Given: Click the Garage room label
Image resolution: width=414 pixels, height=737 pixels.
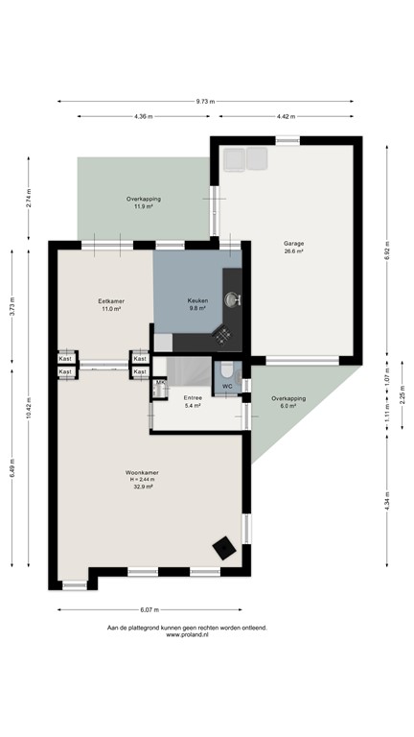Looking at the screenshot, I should pyautogui.click(x=293, y=248).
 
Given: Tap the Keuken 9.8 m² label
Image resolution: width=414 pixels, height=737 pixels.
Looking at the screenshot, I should pyautogui.click(x=198, y=304).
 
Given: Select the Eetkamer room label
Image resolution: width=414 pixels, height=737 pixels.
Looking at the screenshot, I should pyautogui.click(x=111, y=305).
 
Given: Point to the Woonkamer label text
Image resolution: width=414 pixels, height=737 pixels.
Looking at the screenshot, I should pyautogui.click(x=142, y=472).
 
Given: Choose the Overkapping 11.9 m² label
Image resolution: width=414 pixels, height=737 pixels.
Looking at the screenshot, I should pyautogui.click(x=144, y=202).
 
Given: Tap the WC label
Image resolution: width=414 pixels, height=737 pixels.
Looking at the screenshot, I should pyautogui.click(x=227, y=387).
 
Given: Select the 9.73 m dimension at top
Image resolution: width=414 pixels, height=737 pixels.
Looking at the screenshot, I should pyautogui.click(x=205, y=101).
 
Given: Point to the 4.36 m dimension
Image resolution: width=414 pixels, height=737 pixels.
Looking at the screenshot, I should pyautogui.click(x=143, y=117).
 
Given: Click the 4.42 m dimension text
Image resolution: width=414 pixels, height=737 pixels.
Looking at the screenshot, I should pyautogui.click(x=284, y=117).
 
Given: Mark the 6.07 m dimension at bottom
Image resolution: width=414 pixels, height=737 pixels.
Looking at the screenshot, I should pyautogui.click(x=149, y=609).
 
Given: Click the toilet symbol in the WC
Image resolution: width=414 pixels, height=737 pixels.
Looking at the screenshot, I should pyautogui.click(x=227, y=370).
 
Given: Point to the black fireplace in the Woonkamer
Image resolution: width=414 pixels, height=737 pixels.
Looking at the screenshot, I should pyautogui.click(x=225, y=548).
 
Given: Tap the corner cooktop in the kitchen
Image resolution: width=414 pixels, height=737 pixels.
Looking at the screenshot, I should pyautogui.click(x=221, y=335).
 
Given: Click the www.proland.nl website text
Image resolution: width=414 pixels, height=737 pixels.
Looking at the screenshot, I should pyautogui.click(x=187, y=634).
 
